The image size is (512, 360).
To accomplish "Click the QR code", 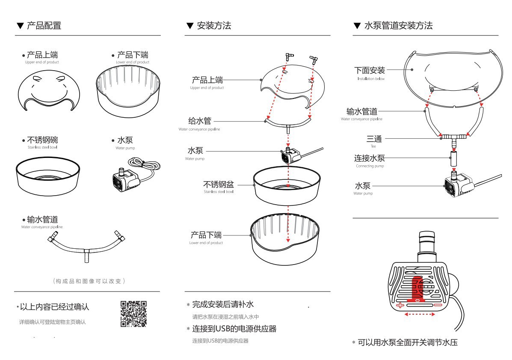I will coord(134,314).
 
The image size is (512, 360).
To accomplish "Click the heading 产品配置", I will coord(44,26).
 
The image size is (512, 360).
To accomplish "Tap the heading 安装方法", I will coord(214,26).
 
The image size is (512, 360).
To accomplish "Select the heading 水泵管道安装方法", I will coord(398,26).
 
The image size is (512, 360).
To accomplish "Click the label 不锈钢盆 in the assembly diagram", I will coord(218,185).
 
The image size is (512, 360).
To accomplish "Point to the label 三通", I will coord(374,139).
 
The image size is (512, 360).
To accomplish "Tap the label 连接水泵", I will coord(370,158).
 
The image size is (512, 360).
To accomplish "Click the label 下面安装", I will coord(370,70).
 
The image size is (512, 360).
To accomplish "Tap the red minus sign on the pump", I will coord(438,305).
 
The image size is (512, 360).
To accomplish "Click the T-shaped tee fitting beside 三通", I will coord(453,137).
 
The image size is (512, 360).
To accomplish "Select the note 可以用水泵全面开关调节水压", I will coord(408,342).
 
